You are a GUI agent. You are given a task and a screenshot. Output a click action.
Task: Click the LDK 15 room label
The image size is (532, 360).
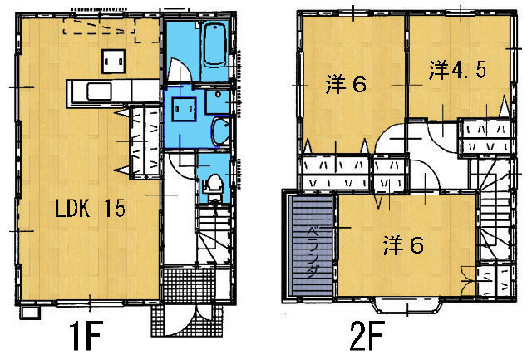point(91,208)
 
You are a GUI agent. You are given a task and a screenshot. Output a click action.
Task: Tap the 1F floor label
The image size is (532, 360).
point(86,336)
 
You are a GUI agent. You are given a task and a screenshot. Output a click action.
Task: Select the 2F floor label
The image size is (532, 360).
point(367,336)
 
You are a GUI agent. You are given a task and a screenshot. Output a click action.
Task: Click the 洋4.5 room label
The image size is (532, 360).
point(457,70)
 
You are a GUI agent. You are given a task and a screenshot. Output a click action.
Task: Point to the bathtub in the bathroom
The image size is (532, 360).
point(214,44)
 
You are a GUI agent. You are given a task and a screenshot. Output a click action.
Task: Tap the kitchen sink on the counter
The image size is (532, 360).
point(99,91)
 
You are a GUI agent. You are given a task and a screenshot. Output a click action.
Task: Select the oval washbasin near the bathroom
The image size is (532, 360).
point(220,132)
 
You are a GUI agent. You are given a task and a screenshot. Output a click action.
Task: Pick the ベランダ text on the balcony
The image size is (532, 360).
point(313,252)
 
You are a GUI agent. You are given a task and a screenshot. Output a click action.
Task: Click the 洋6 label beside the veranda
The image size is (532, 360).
point(403,245)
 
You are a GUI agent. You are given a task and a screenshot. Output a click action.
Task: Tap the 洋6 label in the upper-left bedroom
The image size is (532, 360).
point(346,84)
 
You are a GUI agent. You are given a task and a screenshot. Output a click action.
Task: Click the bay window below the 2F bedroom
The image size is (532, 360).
point(407,305)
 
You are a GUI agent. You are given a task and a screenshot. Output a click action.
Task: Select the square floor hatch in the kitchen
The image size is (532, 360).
point(114,62)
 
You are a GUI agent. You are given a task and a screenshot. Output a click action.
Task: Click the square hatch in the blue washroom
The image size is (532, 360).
point(184,109)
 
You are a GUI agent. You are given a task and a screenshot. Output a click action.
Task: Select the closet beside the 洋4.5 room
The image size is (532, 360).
point(485,138)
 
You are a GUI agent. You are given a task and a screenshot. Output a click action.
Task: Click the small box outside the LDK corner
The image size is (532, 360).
point(30,313)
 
